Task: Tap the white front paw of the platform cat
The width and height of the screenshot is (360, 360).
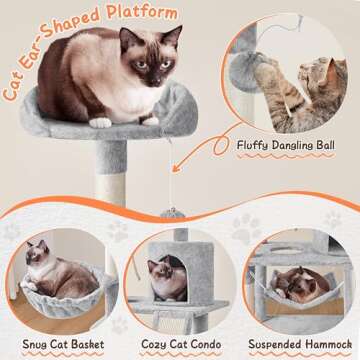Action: point(100,122)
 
